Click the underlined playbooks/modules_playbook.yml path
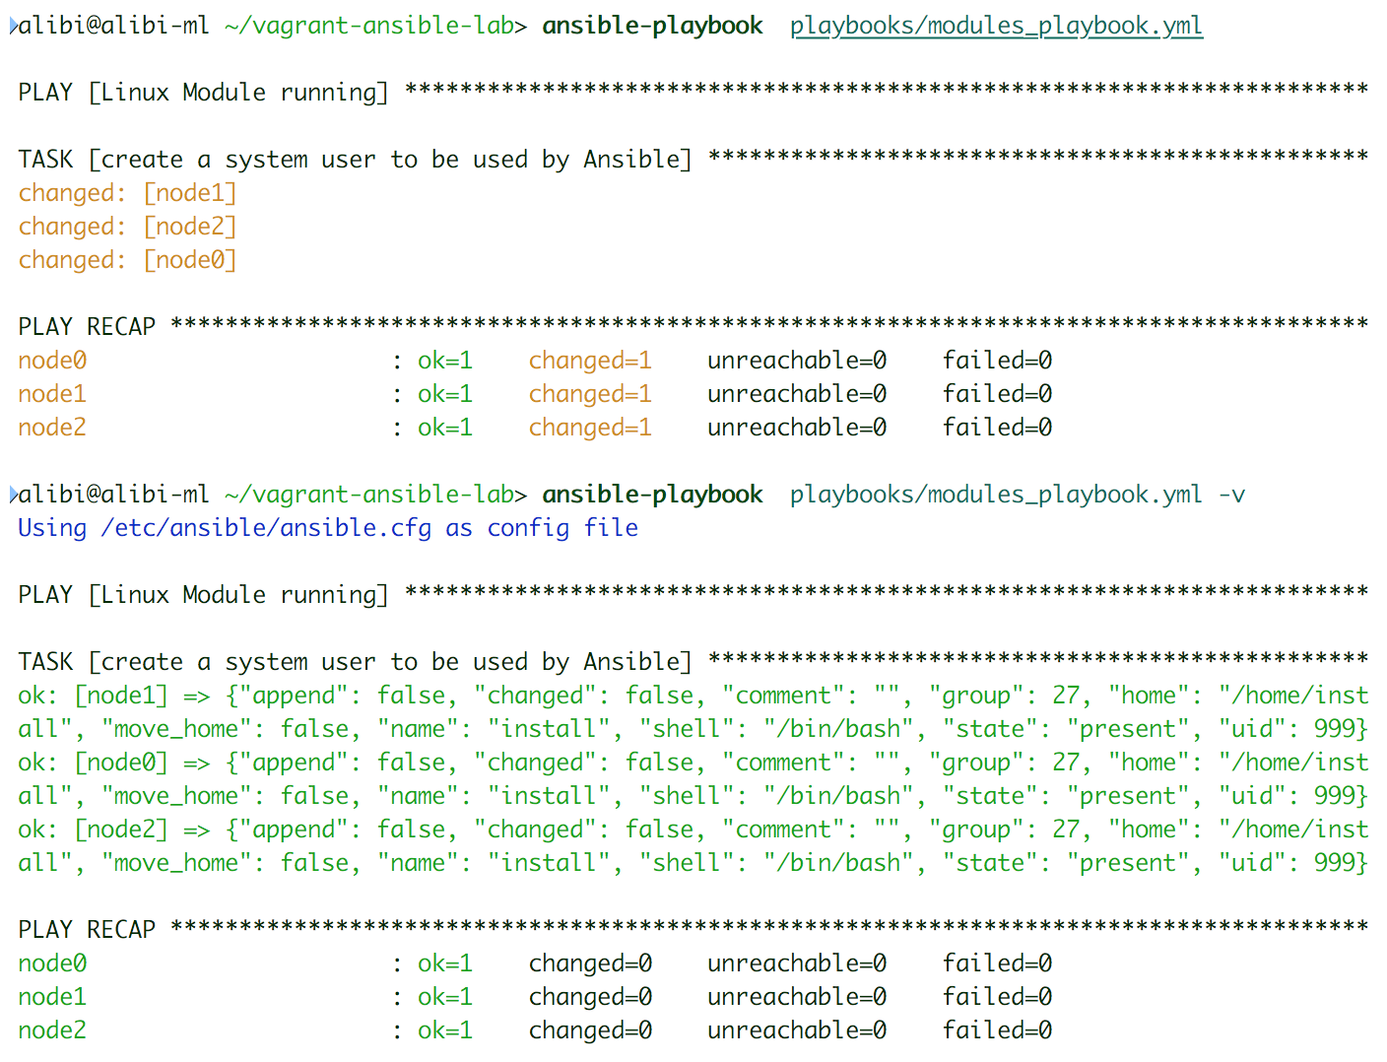(x=996, y=26)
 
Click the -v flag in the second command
(x=1231, y=495)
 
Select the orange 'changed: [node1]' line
(x=127, y=193)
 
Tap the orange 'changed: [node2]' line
(x=127, y=227)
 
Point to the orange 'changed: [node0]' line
(x=127, y=260)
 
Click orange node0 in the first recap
(x=52, y=361)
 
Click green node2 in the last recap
(x=52, y=1030)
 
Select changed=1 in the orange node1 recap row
(x=590, y=394)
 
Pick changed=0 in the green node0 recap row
(x=590, y=963)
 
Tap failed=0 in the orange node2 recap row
(x=997, y=428)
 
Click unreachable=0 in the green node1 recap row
(x=796, y=997)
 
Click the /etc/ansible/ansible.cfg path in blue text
(x=266, y=528)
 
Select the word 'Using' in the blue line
(x=52, y=528)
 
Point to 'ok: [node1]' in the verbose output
(x=93, y=696)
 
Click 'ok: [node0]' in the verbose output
(x=93, y=763)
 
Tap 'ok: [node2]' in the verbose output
(x=93, y=830)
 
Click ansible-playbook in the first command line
(x=652, y=26)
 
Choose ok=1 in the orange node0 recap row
(x=445, y=361)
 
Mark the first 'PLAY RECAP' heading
(x=87, y=327)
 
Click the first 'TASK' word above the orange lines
(x=45, y=160)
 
